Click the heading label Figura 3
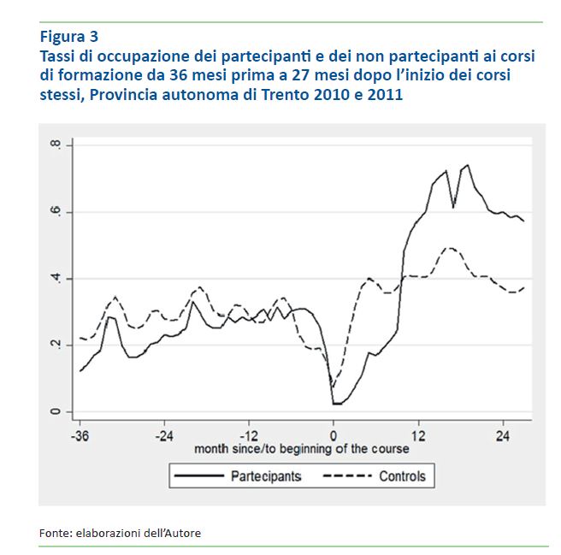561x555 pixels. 69,36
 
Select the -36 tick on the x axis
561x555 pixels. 80,434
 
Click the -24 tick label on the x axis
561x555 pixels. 163,434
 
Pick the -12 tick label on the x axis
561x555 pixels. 248,434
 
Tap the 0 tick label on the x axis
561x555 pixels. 334,434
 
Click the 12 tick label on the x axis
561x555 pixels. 418,434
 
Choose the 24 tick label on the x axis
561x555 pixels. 503,434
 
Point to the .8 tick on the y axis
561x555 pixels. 56,145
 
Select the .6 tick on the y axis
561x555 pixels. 56,212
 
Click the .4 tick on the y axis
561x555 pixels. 56,279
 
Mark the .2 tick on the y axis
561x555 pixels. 56,345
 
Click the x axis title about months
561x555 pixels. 302,448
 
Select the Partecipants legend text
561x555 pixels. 266,475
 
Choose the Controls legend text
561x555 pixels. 401,475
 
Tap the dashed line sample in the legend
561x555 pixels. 345,475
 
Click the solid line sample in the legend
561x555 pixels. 199,475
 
